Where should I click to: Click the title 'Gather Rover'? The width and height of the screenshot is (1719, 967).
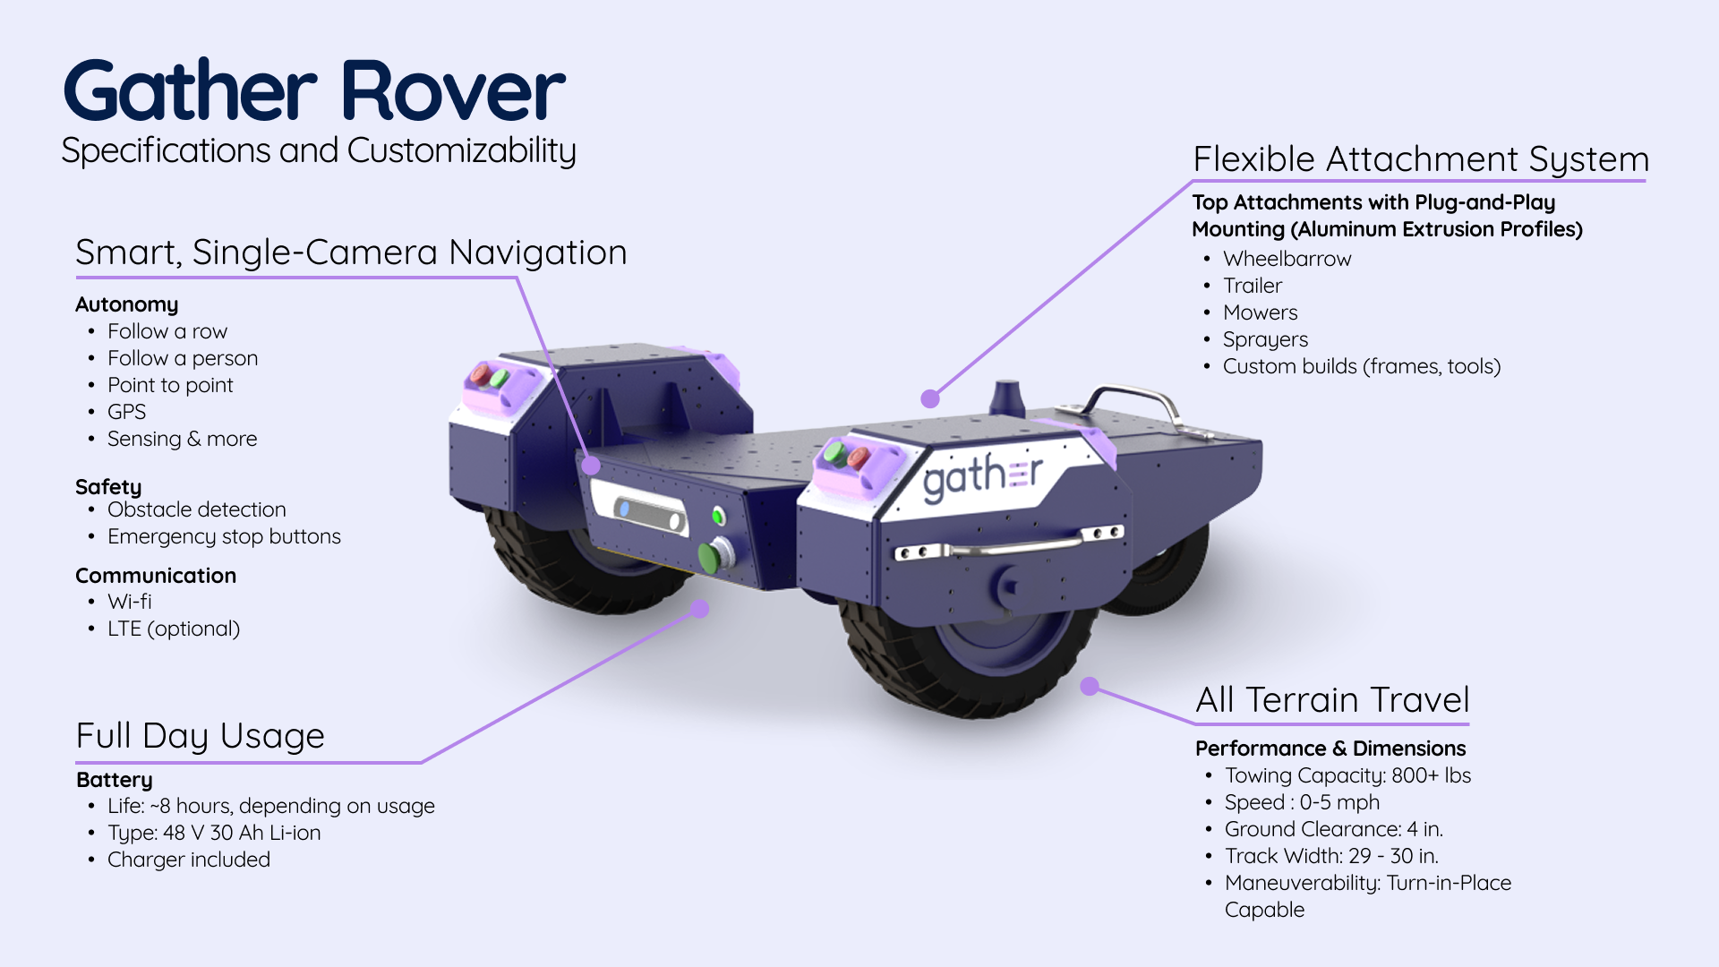click(313, 90)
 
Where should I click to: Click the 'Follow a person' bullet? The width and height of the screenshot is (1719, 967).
click(183, 358)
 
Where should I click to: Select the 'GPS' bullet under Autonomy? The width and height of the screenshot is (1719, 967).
click(126, 412)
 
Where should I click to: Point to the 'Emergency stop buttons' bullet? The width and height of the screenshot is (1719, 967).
click(224, 536)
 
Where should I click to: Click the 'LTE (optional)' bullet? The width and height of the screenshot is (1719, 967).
click(174, 629)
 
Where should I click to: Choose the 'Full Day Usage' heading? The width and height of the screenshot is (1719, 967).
click(200, 736)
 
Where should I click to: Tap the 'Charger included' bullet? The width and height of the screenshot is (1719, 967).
click(189, 860)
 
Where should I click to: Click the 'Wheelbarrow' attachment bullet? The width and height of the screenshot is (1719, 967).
click(1287, 259)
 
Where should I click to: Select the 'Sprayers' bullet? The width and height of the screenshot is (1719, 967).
click(1265, 339)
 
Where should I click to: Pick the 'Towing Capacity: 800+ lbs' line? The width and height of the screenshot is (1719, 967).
click(1347, 775)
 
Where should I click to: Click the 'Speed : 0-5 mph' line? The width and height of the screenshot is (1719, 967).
click(1302, 802)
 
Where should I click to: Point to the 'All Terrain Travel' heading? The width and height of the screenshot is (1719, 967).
click(1332, 700)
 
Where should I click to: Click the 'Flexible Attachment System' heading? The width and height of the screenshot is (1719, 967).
click(1421, 159)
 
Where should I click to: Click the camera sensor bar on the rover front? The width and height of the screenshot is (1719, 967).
click(650, 515)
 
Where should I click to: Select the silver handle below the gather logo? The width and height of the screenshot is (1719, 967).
click(1012, 546)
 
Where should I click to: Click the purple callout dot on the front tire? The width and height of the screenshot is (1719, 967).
click(1090, 686)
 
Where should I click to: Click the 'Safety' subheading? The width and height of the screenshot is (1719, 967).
click(108, 487)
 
